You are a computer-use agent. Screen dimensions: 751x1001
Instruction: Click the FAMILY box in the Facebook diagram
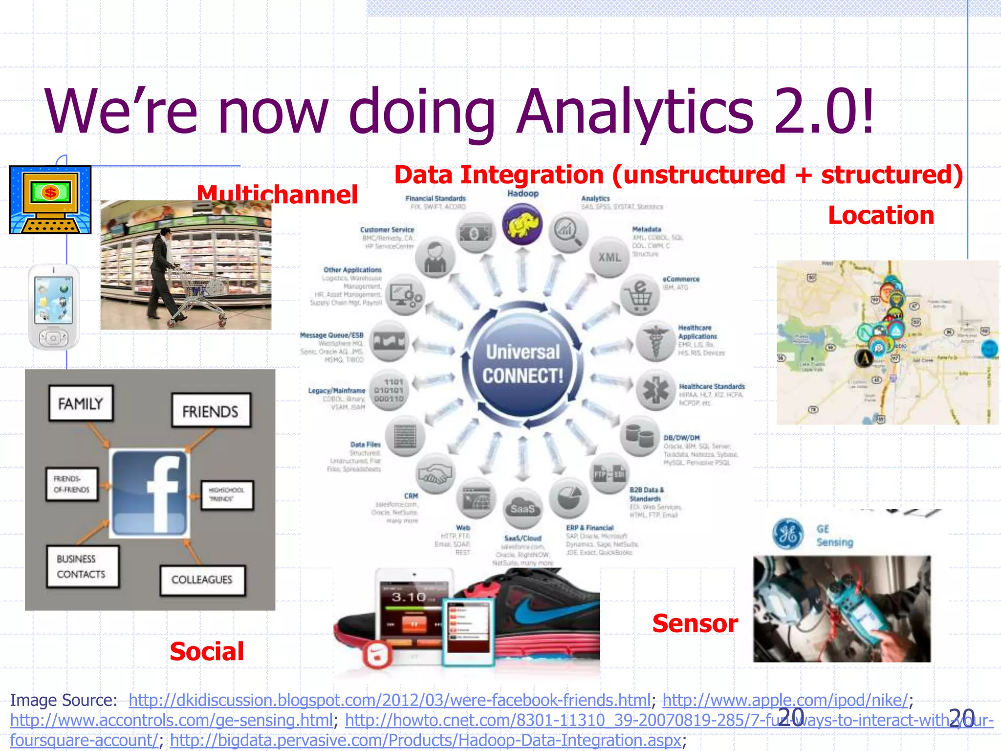[81, 403]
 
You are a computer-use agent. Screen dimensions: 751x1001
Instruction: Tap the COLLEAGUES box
[202, 580]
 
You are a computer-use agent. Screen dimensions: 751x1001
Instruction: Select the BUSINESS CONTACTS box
[82, 566]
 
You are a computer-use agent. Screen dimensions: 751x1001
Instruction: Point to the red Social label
[207, 651]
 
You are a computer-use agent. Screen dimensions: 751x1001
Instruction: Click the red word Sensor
[695, 623]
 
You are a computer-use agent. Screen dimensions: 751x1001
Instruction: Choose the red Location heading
[881, 215]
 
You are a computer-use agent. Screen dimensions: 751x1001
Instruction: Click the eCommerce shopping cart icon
[640, 294]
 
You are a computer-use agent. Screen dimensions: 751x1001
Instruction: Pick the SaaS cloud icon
[522, 508]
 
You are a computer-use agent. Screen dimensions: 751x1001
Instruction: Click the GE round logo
[787, 533]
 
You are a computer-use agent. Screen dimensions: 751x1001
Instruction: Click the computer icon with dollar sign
[50, 199]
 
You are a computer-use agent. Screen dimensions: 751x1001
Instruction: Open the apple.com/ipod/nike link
[785, 700]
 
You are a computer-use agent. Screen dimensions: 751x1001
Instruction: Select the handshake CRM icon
[435, 473]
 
